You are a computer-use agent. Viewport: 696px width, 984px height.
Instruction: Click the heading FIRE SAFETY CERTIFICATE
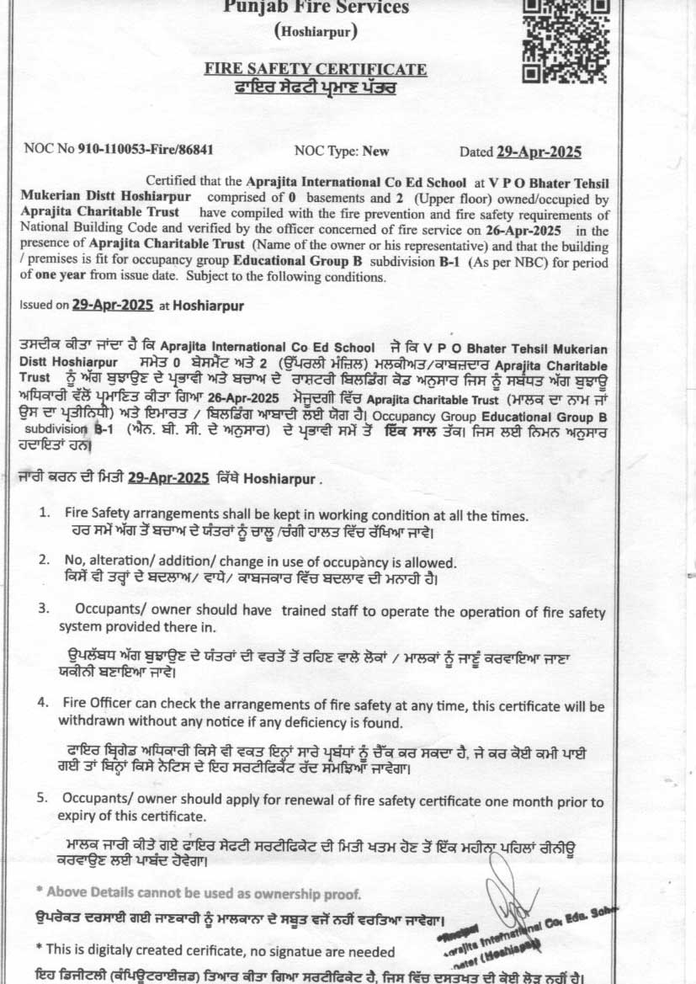[x=316, y=68]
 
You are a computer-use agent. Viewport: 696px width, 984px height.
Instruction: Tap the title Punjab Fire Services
[x=316, y=8]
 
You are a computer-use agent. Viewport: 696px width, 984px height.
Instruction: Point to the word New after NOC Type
[x=375, y=152]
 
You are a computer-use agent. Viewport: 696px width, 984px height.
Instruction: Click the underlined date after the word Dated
[x=539, y=152]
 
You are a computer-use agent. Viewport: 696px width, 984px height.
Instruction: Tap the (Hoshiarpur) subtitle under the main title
[x=316, y=32]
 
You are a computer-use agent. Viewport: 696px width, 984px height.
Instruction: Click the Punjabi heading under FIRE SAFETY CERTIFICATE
[x=316, y=87]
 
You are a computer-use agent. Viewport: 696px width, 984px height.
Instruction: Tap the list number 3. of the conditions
[x=42, y=607]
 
